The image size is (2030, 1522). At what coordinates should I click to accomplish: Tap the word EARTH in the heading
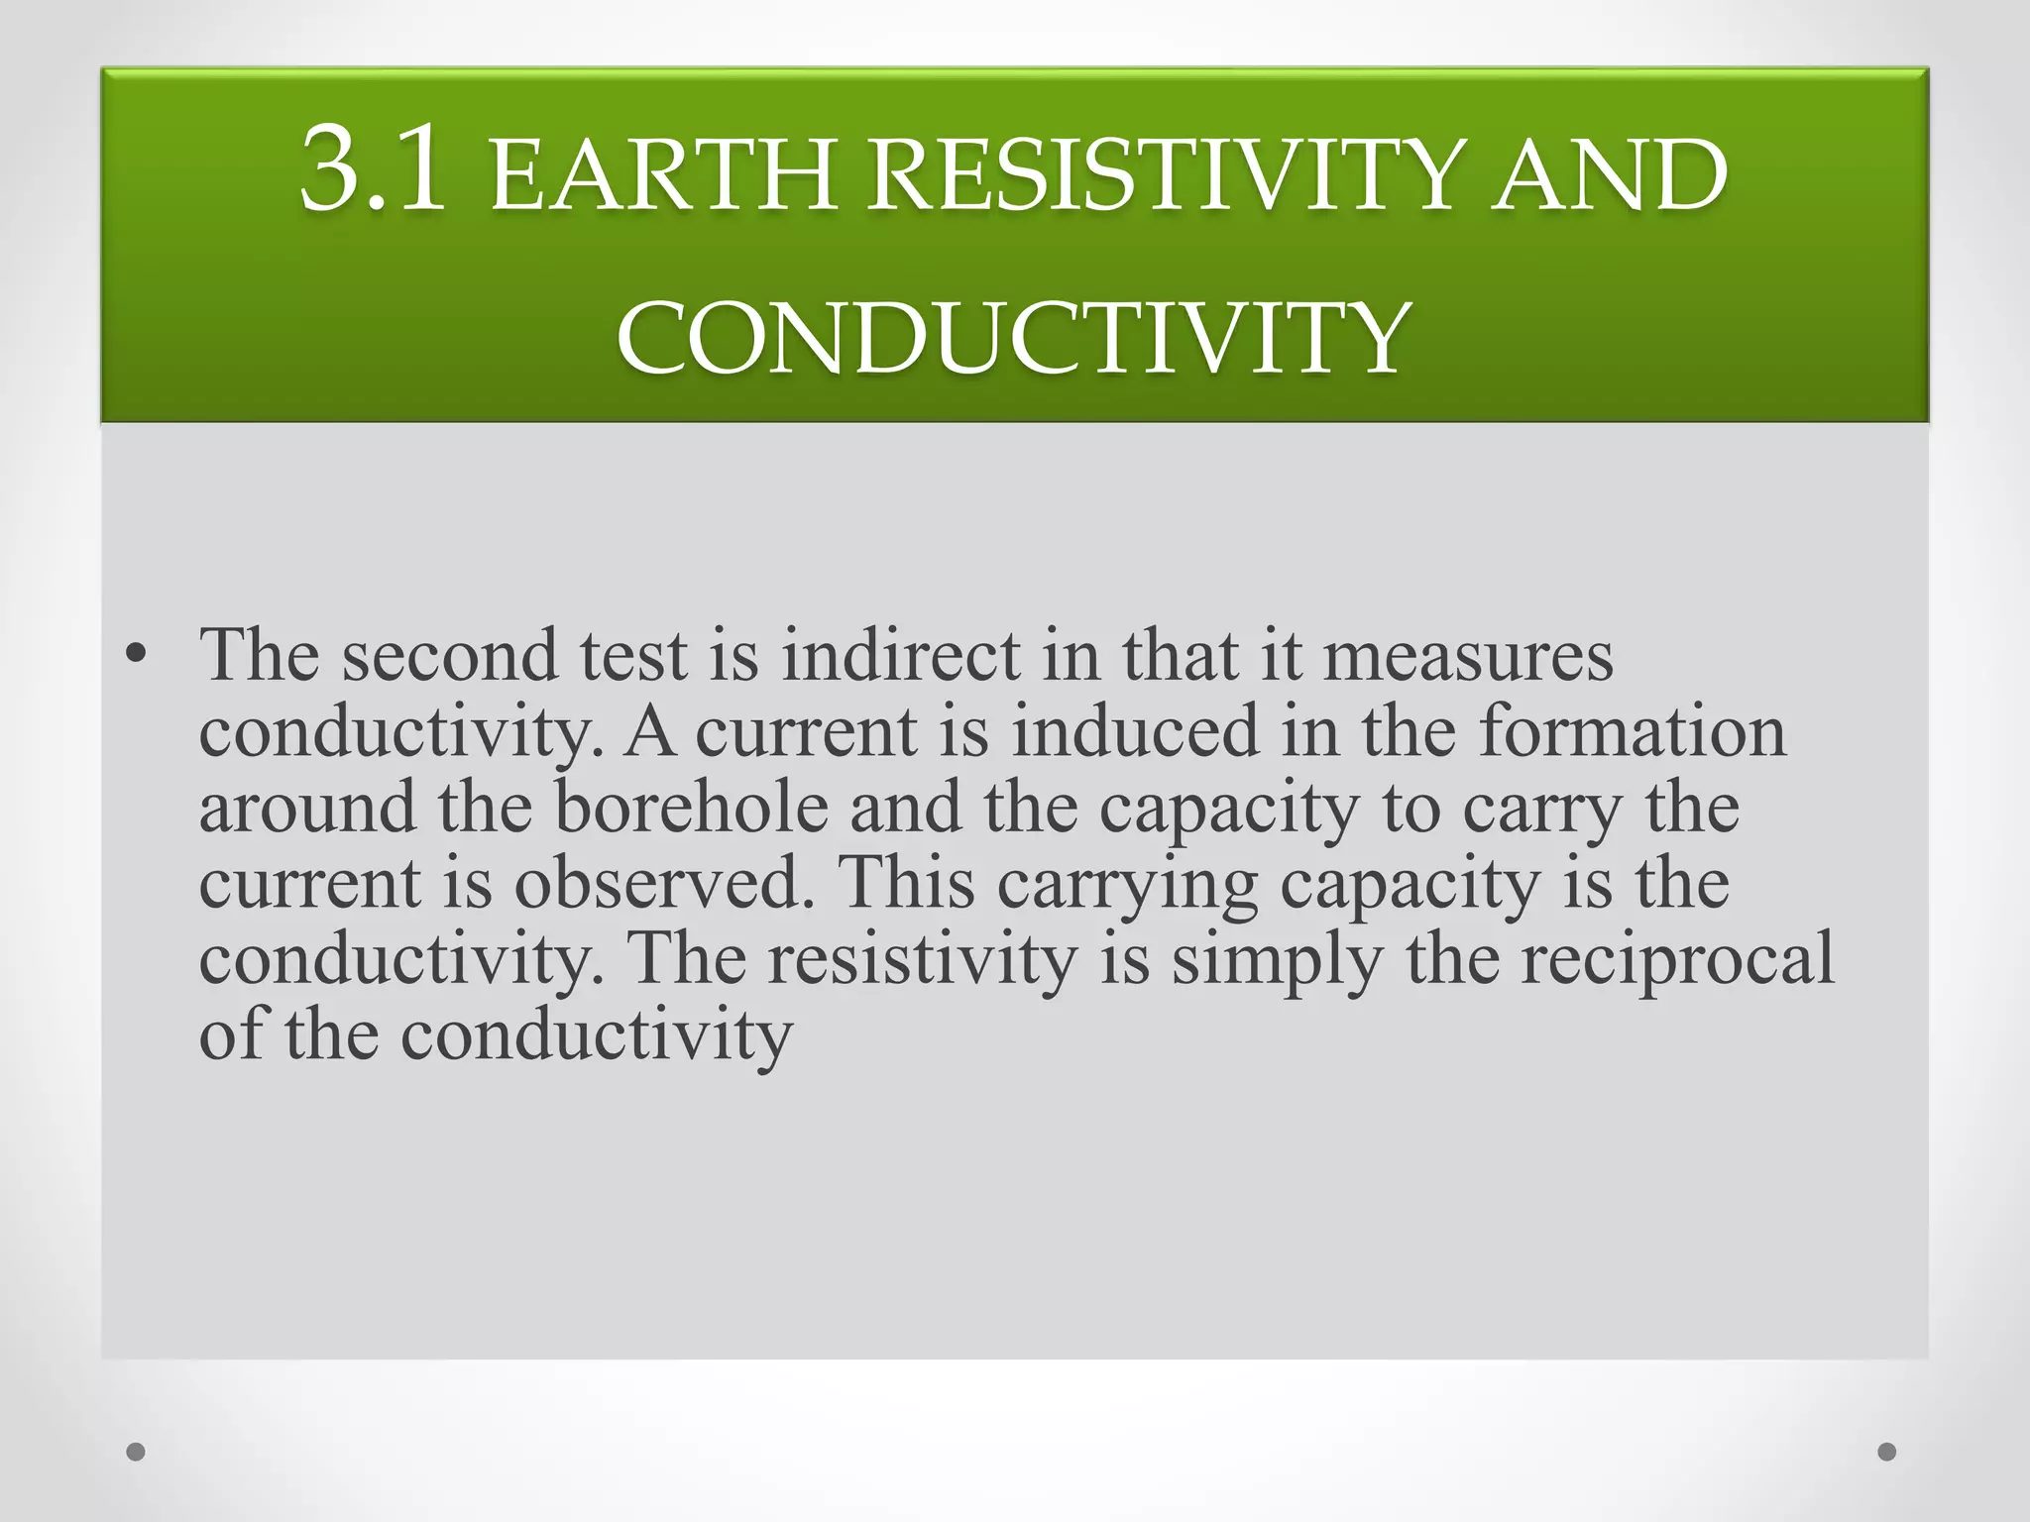coord(662,178)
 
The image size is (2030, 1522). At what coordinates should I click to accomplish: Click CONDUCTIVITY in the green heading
coord(1013,338)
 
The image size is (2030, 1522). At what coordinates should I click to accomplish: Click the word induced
coord(1134,731)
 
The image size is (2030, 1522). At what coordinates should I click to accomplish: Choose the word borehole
coord(691,807)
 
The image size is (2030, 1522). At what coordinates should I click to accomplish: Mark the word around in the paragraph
coord(307,809)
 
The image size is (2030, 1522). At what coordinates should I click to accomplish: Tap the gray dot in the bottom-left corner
coord(136,1452)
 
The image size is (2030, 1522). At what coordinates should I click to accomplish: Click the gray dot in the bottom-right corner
coord(1887,1452)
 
